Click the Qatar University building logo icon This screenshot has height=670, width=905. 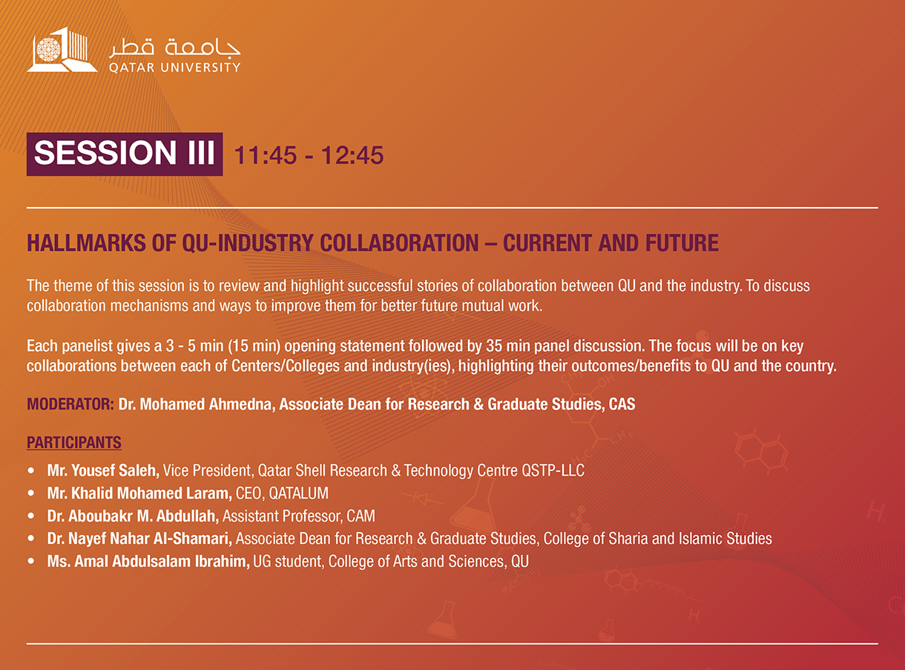coord(62,50)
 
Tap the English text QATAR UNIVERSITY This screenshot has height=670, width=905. coord(174,68)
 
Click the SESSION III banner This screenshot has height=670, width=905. coord(125,154)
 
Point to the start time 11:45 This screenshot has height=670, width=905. coord(266,155)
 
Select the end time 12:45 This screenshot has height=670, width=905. coord(352,155)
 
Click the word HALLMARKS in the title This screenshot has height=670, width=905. coord(86,243)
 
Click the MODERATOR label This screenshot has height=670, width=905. coord(70,404)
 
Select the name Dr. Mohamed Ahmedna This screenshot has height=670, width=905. coord(197,404)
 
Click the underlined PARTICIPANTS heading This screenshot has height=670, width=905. coord(74,442)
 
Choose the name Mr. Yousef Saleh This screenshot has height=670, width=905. coord(103,470)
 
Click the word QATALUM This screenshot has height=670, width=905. coord(298,493)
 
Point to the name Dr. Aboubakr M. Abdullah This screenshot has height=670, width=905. coord(133,516)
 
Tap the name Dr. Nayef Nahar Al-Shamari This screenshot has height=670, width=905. coord(139,539)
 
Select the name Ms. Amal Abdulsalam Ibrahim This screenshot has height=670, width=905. coord(148,562)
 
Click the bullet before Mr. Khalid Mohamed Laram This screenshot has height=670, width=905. coord(31,493)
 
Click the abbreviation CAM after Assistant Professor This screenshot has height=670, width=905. coord(361,516)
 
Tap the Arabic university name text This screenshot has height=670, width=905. coord(174,47)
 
